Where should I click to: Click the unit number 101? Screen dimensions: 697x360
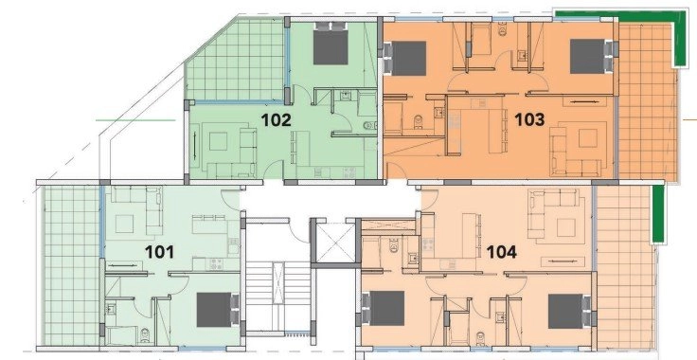click(160, 252)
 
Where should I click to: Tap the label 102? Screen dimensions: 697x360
click(276, 120)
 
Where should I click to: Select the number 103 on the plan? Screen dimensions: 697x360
click(529, 119)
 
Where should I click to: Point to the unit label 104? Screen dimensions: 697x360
click(502, 252)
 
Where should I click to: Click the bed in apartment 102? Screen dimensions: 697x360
click(331, 44)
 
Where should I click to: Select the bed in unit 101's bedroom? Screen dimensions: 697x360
click(218, 310)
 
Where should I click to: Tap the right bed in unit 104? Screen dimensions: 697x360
click(569, 310)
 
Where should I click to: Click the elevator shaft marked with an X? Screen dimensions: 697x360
click(336, 243)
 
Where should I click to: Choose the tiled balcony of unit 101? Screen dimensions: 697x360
click(72, 265)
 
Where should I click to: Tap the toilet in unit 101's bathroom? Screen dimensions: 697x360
click(145, 336)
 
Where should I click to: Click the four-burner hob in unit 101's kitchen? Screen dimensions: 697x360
click(216, 264)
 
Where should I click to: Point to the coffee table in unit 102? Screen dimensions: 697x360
click(218, 142)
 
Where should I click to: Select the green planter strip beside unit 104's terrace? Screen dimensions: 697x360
click(658, 214)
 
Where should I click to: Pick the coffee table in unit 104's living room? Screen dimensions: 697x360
click(566, 227)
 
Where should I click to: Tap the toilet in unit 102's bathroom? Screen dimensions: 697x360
click(369, 126)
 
